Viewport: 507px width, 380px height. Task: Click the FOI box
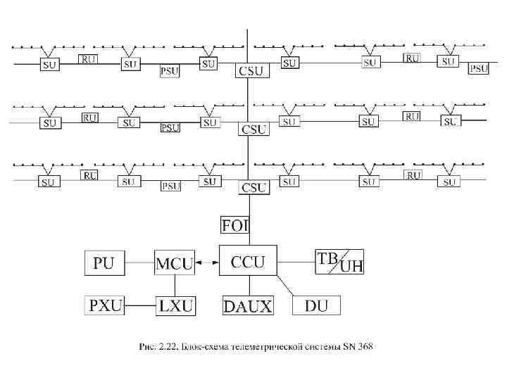tap(235, 225)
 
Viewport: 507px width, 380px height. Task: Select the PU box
tap(103, 264)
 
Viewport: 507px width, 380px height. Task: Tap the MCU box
tap(173, 264)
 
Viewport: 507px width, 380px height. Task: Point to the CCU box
tap(248, 262)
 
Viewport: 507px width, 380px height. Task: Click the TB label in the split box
tap(327, 258)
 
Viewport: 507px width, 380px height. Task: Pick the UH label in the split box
tap(351, 267)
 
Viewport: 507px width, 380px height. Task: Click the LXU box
tap(175, 305)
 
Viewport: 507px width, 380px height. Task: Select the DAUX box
tap(248, 305)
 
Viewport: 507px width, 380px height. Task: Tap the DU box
tap(316, 305)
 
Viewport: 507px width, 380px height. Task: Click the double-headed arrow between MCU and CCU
tap(206, 264)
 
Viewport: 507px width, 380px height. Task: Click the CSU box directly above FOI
tap(254, 188)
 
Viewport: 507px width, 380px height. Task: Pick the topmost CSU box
tap(252, 70)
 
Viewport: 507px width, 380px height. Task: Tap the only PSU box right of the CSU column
tap(479, 68)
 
